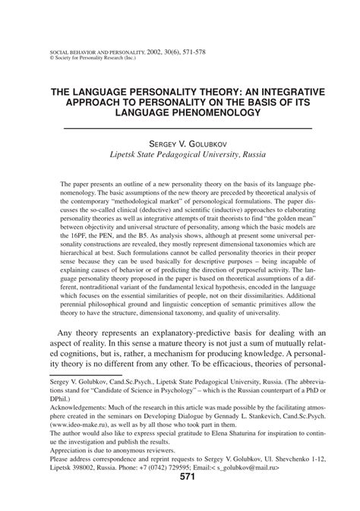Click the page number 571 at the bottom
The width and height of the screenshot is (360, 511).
tap(180, 499)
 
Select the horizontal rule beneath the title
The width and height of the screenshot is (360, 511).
tap(180, 127)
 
